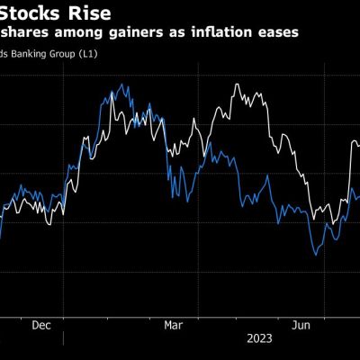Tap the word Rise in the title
92,13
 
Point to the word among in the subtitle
79,33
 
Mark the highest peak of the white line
236,85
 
